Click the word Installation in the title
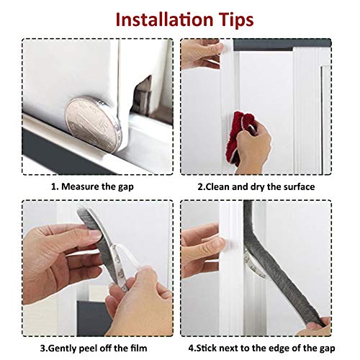click(158, 19)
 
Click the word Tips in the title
click(233, 19)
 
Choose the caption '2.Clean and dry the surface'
click(256, 186)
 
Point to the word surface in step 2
click(297, 186)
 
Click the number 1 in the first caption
click(52, 186)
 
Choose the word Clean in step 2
click(217, 186)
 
